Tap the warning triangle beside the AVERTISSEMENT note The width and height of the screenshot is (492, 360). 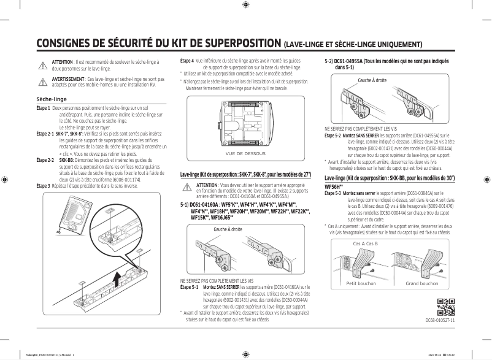click(42, 82)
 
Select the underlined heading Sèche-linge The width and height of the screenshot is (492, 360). click(52, 99)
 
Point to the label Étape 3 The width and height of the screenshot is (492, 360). click(43, 185)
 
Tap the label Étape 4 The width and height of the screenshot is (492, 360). click(186, 61)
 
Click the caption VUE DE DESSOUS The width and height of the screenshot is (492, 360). click(245, 153)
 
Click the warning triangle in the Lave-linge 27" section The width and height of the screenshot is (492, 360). click(186, 188)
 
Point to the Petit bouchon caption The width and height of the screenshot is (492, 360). click(361, 284)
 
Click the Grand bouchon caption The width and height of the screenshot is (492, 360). click(421, 284)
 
